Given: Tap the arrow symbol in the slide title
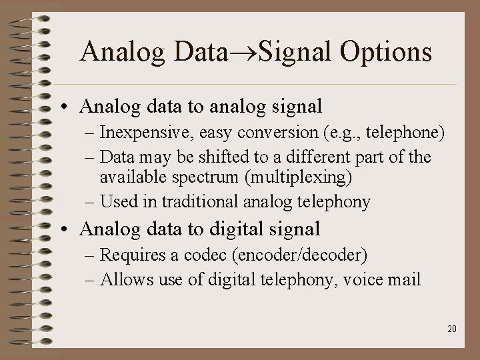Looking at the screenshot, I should tap(242, 53).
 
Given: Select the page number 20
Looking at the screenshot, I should tap(452, 329).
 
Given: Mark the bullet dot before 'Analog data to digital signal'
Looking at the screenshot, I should tap(69, 230).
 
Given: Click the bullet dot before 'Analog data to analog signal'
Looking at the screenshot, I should tap(69, 107).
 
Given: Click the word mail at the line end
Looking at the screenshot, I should tap(404, 279).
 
